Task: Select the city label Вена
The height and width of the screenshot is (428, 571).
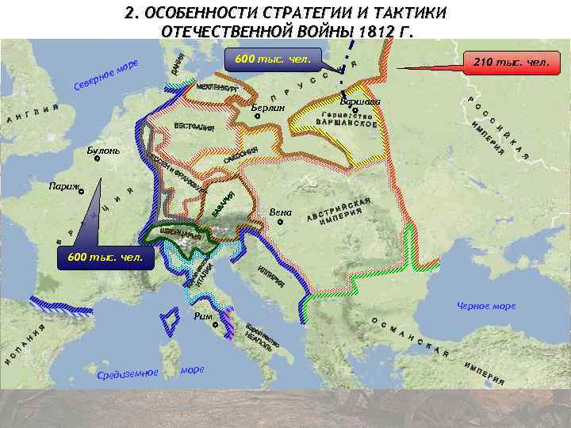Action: coord(281,212)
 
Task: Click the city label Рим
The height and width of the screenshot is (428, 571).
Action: coord(203,315)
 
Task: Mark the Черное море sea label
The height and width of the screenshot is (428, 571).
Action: coord(485,306)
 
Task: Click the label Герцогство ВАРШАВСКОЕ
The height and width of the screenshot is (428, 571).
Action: coord(346,119)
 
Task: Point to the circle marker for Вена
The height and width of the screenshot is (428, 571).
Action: coord(280,223)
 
